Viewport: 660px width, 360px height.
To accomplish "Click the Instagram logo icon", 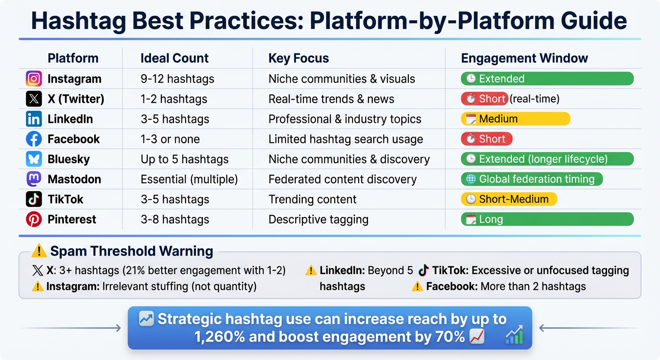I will click(34, 79).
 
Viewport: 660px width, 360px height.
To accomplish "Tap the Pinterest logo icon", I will click(34, 219).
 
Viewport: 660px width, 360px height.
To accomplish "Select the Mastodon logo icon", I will click(34, 179).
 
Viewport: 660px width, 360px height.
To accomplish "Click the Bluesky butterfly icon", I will click(34, 159).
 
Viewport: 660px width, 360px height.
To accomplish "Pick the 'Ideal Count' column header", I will click(174, 58).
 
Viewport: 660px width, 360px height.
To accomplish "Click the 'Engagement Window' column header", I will click(524, 58).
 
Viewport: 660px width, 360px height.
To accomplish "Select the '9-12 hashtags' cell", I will click(177, 79).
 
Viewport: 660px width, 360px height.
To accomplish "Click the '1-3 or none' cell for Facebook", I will click(170, 139).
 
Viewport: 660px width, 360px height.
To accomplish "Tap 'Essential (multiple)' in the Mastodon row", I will click(189, 179).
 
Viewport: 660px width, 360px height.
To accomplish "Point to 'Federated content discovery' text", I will click(342, 179).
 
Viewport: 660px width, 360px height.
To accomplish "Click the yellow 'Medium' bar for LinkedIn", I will click(515, 119).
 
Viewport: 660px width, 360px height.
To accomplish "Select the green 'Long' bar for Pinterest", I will click(547, 219).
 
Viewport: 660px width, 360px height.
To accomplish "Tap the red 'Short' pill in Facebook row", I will click(486, 139).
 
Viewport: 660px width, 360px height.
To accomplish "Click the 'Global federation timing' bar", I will click(532, 179).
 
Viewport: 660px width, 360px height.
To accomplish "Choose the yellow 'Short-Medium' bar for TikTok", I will click(509, 199).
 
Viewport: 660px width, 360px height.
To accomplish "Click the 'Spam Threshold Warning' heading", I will click(131, 251).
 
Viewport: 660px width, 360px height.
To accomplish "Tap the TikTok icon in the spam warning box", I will click(423, 270).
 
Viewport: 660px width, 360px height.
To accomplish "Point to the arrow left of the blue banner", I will click(70, 328).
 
